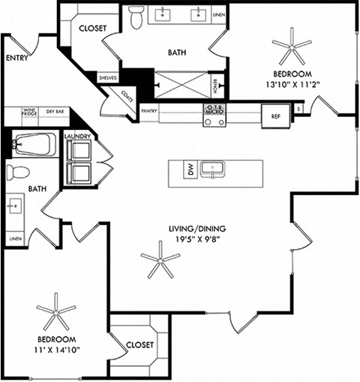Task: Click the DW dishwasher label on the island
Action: pos(190,170)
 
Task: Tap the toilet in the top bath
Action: pos(136,17)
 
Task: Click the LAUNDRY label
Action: pos(77,137)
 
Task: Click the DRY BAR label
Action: pos(55,111)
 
